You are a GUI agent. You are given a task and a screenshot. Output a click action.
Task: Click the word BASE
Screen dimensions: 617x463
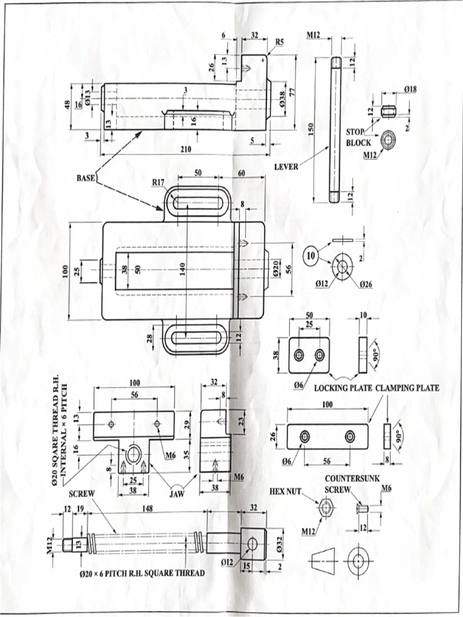pos(85,178)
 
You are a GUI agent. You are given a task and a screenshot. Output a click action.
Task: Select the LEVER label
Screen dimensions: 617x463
pos(286,166)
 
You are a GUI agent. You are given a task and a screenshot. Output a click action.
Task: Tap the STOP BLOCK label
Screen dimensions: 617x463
pos(358,137)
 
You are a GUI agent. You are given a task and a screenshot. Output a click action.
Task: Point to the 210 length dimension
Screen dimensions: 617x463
pos(186,149)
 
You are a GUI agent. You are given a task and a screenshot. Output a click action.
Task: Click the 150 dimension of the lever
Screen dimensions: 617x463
pos(311,130)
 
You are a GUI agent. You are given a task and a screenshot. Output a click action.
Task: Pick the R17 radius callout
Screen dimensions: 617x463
pos(159,181)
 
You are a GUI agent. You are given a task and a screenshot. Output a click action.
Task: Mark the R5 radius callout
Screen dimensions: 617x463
pos(279,42)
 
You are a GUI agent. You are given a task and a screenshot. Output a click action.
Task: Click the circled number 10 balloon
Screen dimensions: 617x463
pos(311,255)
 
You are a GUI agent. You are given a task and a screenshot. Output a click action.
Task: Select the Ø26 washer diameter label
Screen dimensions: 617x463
pos(366,284)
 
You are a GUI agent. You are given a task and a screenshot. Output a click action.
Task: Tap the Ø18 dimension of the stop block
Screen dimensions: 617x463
pos(411,89)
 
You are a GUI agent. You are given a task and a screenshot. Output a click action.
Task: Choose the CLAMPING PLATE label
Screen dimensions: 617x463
pos(408,388)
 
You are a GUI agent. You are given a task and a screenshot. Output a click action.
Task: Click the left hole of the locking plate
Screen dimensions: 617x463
pos(299,355)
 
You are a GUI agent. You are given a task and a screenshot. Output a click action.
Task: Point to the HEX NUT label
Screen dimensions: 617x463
pos(285,491)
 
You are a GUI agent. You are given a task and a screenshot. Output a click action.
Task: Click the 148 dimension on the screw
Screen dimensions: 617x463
pos(146,507)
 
